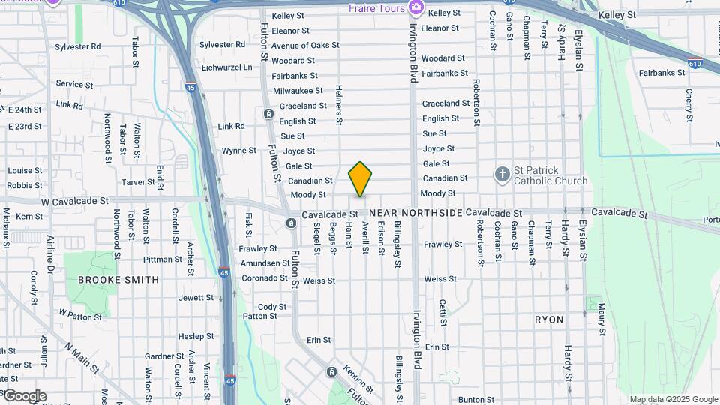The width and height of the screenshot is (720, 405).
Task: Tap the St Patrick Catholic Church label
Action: tap(550, 175)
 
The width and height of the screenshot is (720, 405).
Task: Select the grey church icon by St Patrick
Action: tap(502, 175)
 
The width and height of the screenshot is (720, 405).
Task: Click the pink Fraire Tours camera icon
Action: tap(416, 8)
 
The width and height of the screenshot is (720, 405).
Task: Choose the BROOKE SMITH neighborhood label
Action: tap(118, 280)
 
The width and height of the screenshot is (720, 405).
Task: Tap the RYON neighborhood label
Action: tap(549, 319)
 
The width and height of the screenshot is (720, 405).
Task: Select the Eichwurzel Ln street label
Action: tap(226, 67)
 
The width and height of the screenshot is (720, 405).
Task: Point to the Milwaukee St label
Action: tap(298, 91)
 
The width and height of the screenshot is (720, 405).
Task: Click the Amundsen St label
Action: tap(265, 263)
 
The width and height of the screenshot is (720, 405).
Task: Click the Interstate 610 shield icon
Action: tap(695, 64)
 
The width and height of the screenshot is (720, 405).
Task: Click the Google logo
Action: tap(24, 396)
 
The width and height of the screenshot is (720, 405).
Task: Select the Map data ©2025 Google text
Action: tap(673, 399)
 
